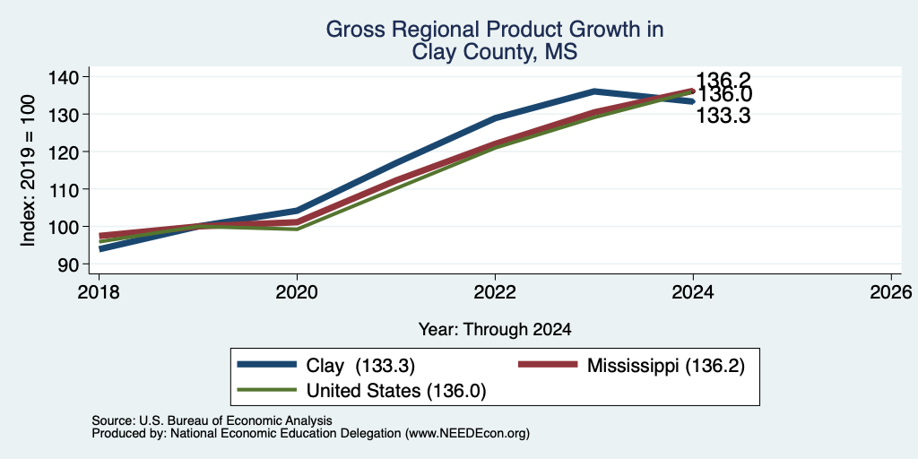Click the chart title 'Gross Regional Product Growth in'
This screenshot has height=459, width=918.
pyautogui.click(x=495, y=30)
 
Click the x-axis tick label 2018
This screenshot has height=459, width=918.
pyautogui.click(x=99, y=291)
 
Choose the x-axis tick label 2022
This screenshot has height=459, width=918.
pyautogui.click(x=495, y=291)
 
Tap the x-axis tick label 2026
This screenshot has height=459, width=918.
pyautogui.click(x=891, y=291)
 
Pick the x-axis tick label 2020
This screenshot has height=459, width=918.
pyautogui.click(x=297, y=291)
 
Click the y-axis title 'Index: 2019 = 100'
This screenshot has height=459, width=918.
pyautogui.click(x=28, y=170)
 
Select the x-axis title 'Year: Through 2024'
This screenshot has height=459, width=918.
pyautogui.click(x=495, y=330)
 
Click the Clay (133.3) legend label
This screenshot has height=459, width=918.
pyautogui.click(x=360, y=366)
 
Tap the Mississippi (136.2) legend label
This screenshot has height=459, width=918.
pyautogui.click(x=666, y=366)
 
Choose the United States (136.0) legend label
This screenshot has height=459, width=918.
pyautogui.click(x=396, y=391)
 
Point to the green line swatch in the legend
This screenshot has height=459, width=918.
pyautogui.click(x=266, y=390)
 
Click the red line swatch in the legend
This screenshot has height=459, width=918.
pyautogui.click(x=548, y=365)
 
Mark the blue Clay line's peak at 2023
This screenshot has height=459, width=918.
pyautogui.click(x=593, y=91)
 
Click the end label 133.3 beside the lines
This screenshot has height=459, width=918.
pyautogui.click(x=723, y=116)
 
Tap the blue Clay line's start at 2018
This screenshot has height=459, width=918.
pyautogui.click(x=101, y=249)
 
